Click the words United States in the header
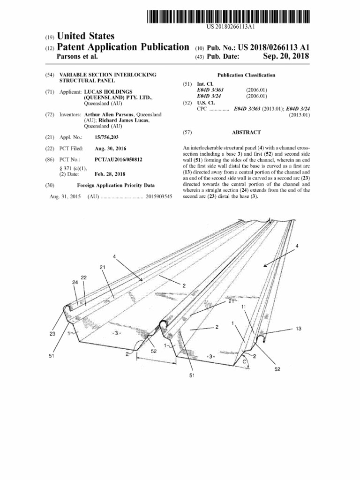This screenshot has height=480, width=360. [x=85, y=37]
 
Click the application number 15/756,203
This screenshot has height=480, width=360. [x=106, y=137]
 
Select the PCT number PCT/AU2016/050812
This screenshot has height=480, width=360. [x=119, y=159]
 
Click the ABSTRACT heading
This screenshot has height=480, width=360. [x=246, y=133]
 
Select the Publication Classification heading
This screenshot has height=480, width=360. [x=246, y=75]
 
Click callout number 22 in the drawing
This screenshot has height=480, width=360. [x=83, y=277]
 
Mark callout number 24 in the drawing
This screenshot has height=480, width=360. [x=75, y=283]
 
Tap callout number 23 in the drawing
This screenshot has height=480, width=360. [x=52, y=334]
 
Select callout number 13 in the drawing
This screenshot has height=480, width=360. [x=299, y=329]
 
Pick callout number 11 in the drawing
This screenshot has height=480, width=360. [x=244, y=307]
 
